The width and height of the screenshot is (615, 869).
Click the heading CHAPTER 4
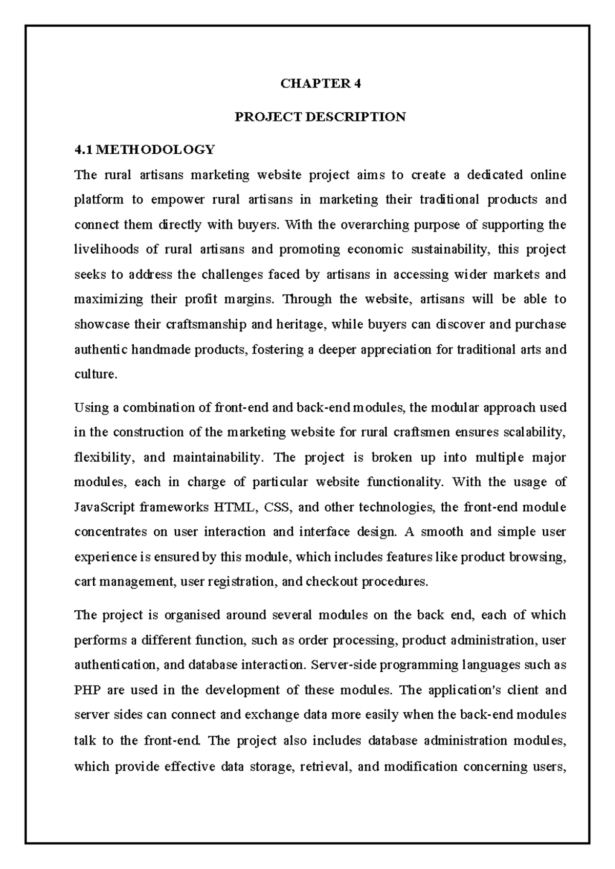pyautogui.click(x=320, y=84)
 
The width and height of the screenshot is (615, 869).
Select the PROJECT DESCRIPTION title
pyautogui.click(x=320, y=117)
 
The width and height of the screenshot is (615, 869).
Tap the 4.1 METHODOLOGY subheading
pyautogui.click(x=145, y=150)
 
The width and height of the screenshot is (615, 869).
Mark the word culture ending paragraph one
pyautogui.click(x=95, y=375)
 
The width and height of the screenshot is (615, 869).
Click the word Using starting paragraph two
pyautogui.click(x=90, y=408)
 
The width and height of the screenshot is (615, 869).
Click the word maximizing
pyautogui.click(x=109, y=300)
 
